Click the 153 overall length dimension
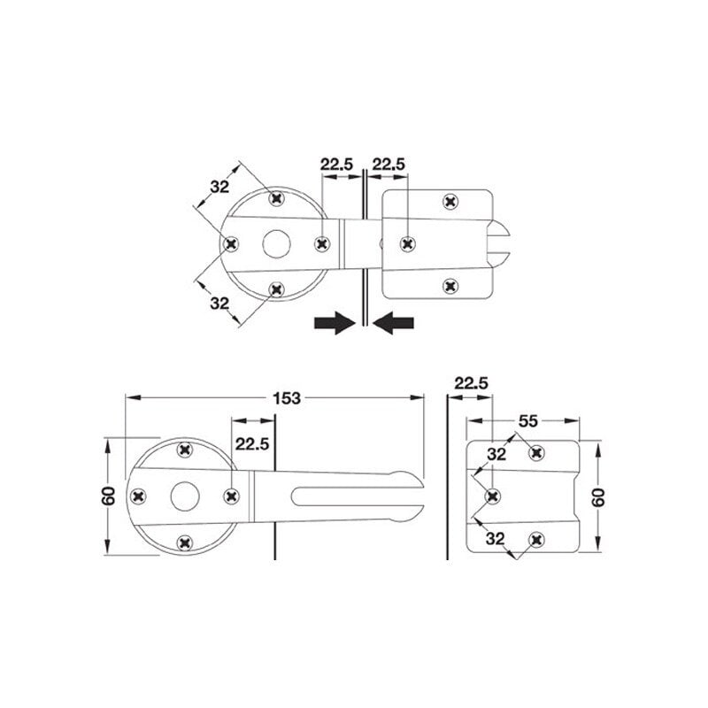(286, 398)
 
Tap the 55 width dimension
(527, 421)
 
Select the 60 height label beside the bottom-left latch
(109, 496)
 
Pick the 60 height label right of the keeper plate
(598, 497)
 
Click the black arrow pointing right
(335, 322)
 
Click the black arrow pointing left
(393, 322)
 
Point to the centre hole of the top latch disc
(276, 244)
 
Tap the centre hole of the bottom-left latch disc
(185, 496)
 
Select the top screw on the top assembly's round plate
(276, 197)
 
